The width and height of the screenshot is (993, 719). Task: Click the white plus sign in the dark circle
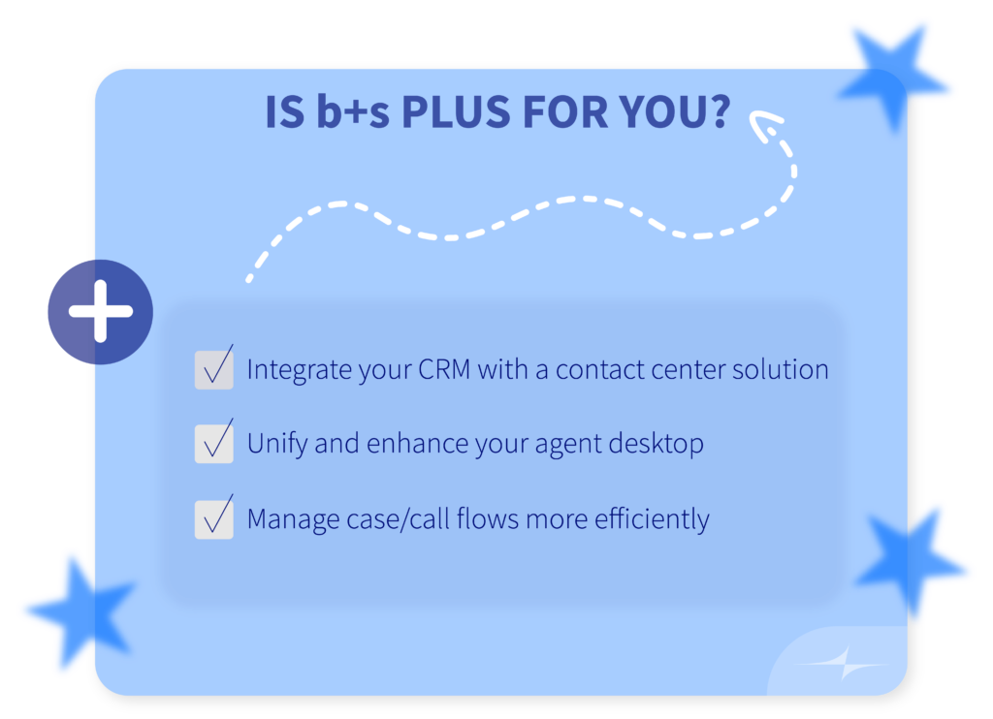point(101,311)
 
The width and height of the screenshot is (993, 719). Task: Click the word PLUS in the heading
point(456,112)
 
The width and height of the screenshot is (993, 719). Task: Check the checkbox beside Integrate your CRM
point(214,369)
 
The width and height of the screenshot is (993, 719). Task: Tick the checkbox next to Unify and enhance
point(214,444)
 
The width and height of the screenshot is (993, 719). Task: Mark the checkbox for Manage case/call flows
point(214,519)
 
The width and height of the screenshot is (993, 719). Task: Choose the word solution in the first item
point(781,369)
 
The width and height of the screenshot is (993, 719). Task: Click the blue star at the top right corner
point(892,78)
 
